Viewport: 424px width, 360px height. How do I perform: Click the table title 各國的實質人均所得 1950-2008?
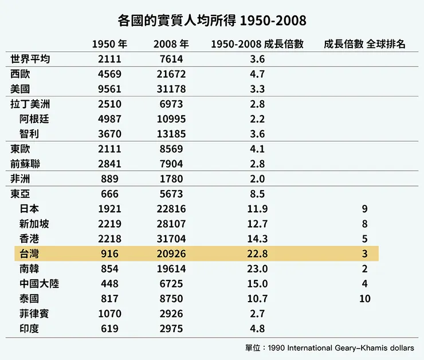[212, 21]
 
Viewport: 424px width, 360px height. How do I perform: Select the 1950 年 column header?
[109, 44]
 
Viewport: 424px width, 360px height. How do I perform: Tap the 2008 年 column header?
[171, 44]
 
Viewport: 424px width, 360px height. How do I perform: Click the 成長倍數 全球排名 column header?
[364, 44]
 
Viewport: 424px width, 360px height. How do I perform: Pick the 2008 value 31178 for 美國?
[171, 89]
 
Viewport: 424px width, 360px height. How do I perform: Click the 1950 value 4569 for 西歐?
[109, 74]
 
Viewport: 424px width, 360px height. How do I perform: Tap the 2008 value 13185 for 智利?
[171, 134]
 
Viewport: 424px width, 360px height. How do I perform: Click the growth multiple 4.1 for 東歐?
[258, 149]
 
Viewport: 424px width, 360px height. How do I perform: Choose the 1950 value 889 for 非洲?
[109, 179]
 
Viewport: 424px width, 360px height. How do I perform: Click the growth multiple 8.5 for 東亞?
[258, 193]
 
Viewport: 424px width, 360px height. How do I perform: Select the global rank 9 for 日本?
[364, 209]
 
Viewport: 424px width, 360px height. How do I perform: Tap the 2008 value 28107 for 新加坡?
[171, 224]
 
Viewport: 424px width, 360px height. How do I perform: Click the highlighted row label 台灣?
[29, 254]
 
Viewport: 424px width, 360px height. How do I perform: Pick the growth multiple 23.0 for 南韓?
[258, 268]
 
